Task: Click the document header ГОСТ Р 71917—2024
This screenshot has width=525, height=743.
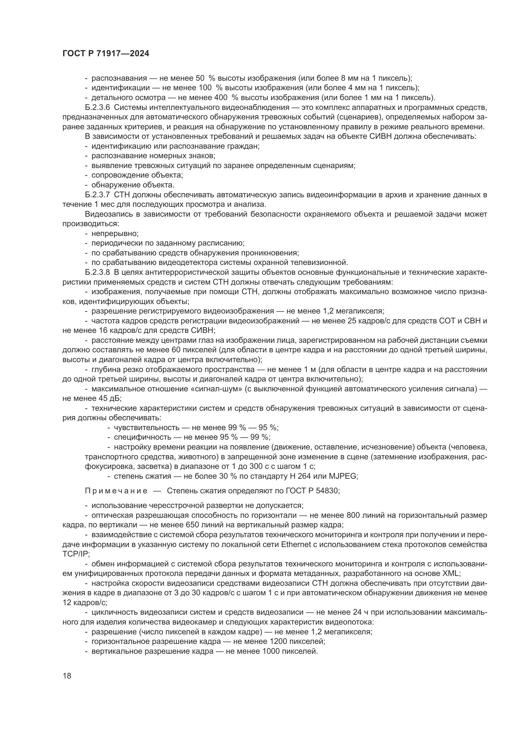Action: point(106,54)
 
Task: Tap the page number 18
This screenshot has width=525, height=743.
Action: point(67,676)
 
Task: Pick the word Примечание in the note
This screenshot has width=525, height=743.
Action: point(116,491)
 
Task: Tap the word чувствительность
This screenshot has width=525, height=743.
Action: point(146,428)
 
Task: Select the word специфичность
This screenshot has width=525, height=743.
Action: point(143,437)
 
